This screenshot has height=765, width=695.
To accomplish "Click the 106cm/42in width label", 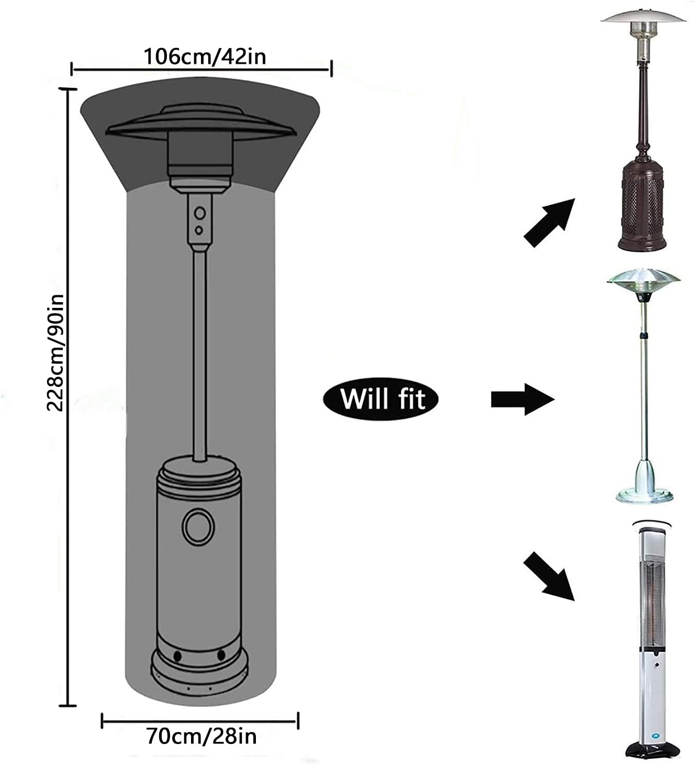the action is point(205,57).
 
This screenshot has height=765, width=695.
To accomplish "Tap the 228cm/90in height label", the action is point(55,352).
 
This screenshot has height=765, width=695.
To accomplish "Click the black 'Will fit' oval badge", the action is point(381,399).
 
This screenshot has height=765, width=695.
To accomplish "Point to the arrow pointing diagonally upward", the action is point(549,223).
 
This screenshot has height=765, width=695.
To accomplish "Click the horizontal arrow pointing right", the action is point(522,400).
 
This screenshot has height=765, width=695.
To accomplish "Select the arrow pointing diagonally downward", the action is point(549,576).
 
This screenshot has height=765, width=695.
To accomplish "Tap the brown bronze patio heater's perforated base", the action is point(642,208).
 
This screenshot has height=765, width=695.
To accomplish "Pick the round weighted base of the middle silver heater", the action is point(644,495).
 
